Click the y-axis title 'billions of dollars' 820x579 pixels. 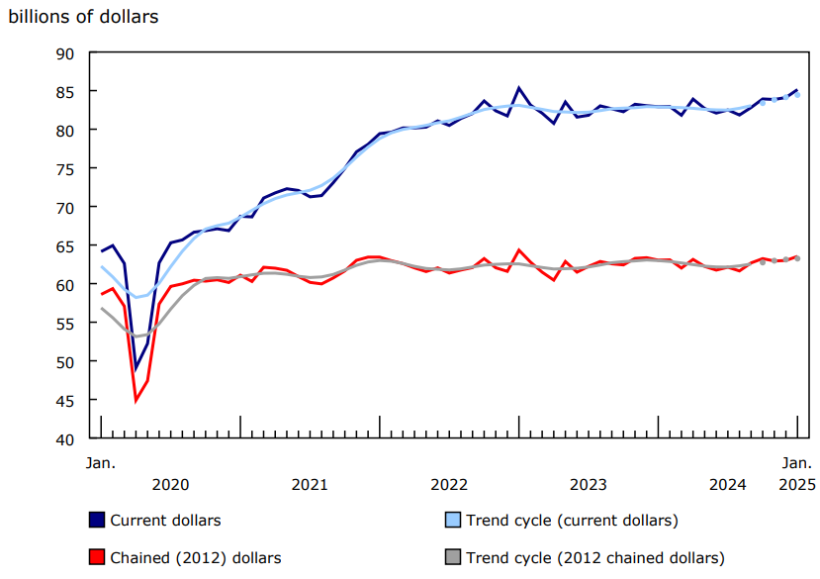click(83, 17)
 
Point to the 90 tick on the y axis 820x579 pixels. click(66, 53)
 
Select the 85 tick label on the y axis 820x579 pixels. click(66, 92)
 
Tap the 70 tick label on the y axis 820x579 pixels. click(66, 208)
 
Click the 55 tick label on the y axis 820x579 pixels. click(66, 324)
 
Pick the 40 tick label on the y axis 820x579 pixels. click(66, 439)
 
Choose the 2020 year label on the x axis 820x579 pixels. click(170, 484)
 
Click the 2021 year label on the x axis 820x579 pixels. click(310, 484)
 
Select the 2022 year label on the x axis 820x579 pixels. click(449, 484)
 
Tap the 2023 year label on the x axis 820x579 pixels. click(589, 484)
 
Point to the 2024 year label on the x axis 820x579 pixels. click(728, 484)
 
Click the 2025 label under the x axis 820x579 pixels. click(797, 484)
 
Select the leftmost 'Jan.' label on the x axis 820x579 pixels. click(100, 462)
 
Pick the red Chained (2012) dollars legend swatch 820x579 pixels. click(97, 557)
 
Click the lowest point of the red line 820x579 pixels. click(136, 400)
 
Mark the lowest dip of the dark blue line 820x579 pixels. click(136, 369)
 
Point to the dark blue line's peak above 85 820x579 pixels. click(519, 88)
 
